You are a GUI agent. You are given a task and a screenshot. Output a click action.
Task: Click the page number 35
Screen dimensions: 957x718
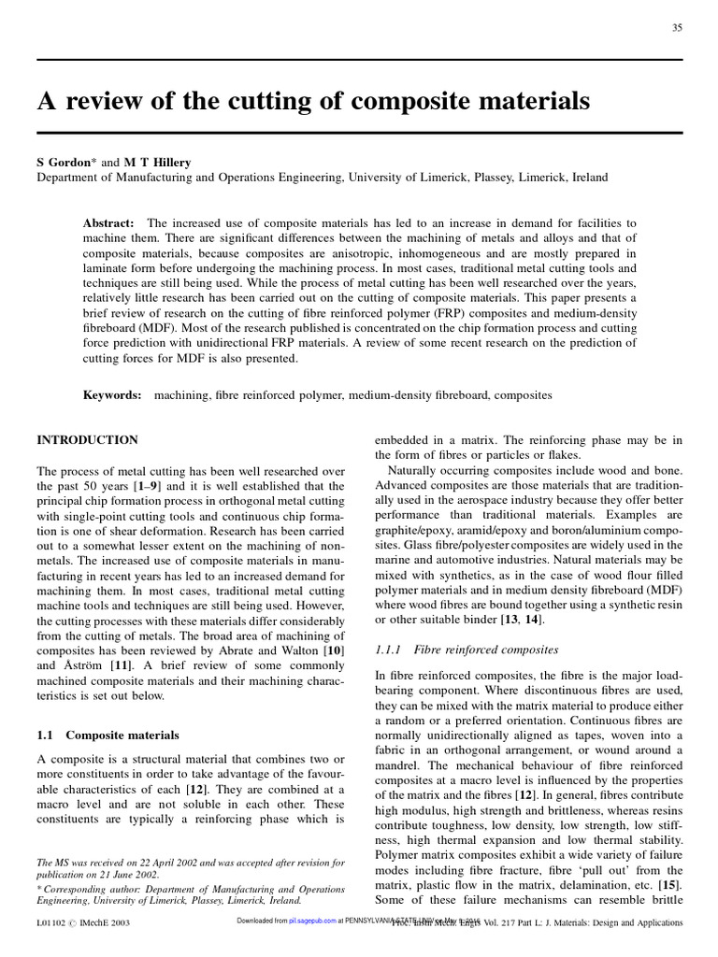(676, 27)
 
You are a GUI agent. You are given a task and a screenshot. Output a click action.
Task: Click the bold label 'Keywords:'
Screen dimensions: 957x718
(112, 395)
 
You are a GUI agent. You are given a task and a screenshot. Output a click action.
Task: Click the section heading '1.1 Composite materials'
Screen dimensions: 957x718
(108, 736)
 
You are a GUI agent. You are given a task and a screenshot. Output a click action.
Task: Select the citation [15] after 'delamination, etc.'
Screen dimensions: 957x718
(669, 883)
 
